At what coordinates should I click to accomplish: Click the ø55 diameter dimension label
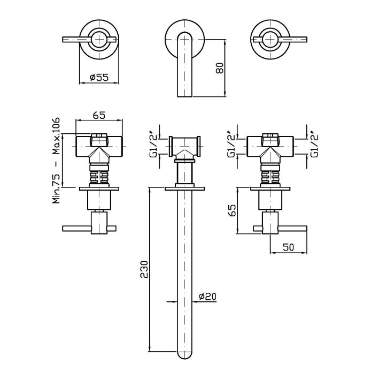[99, 77]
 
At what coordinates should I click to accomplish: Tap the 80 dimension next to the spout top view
[220, 68]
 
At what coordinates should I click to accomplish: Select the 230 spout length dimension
[144, 269]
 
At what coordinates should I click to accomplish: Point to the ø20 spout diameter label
[207, 296]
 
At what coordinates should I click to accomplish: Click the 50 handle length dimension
[288, 247]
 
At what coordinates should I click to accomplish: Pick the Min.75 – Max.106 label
[56, 161]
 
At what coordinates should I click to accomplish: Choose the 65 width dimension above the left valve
[99, 116]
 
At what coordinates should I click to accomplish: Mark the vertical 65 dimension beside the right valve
[232, 210]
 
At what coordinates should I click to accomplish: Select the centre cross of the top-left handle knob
[99, 39]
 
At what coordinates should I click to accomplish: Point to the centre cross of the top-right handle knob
[270, 39]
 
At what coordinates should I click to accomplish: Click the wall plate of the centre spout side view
[184, 188]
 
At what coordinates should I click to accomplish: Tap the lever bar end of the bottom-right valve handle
[306, 229]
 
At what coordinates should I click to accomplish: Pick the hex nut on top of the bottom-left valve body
[99, 140]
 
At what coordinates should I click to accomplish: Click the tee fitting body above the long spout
[185, 147]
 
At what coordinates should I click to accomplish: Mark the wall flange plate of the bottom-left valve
[99, 188]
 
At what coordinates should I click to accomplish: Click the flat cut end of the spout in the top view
[185, 96]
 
